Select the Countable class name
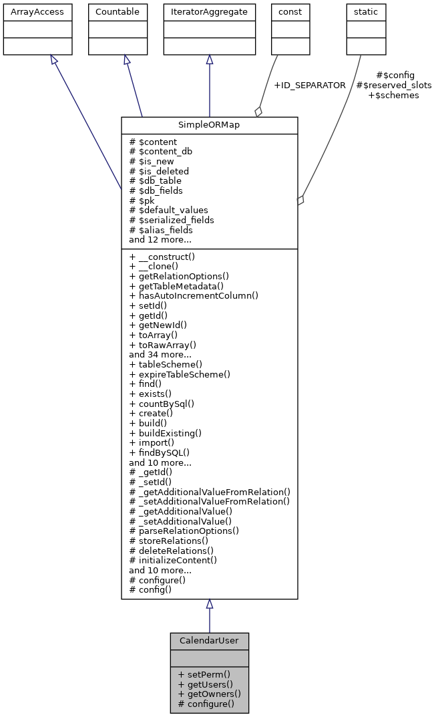[118, 12]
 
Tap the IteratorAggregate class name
[209, 12]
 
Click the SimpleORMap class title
[209, 126]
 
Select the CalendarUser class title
[209, 641]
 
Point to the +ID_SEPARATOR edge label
[310, 86]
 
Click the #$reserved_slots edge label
[394, 86]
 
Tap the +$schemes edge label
[394, 96]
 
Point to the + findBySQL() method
[159, 452]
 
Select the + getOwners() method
[209, 694]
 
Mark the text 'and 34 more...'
[160, 354]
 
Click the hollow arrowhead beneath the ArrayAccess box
[53, 60]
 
